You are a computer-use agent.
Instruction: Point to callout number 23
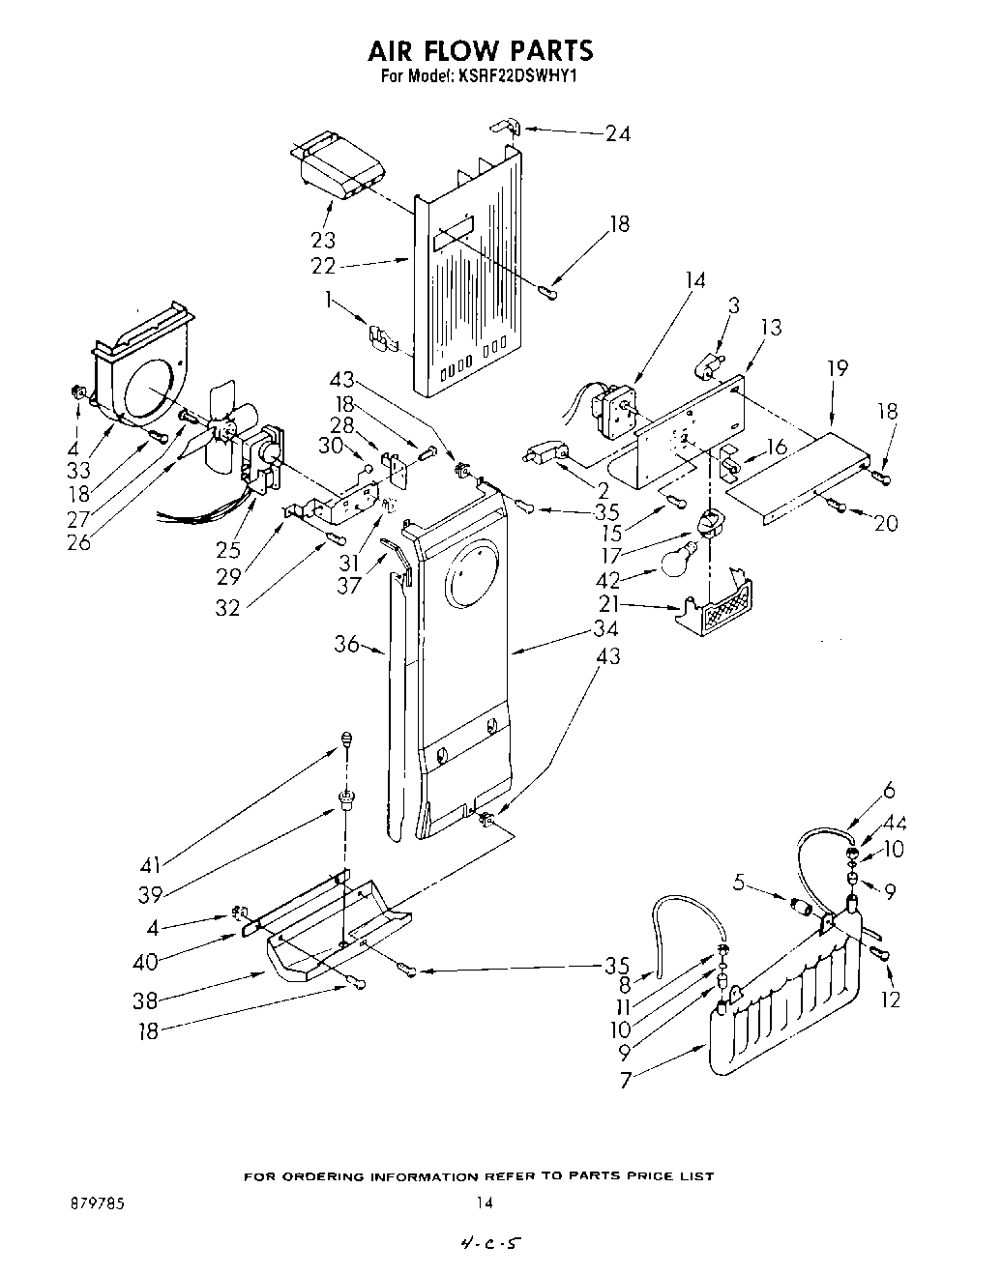click(323, 239)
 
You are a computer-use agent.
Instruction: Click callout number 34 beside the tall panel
click(607, 629)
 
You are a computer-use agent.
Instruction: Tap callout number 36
click(346, 644)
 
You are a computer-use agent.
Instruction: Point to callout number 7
click(626, 1080)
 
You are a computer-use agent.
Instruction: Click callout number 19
click(837, 367)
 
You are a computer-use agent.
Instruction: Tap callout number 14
click(693, 281)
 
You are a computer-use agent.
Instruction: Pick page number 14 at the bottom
click(485, 1204)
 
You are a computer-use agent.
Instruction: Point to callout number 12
click(891, 1000)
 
